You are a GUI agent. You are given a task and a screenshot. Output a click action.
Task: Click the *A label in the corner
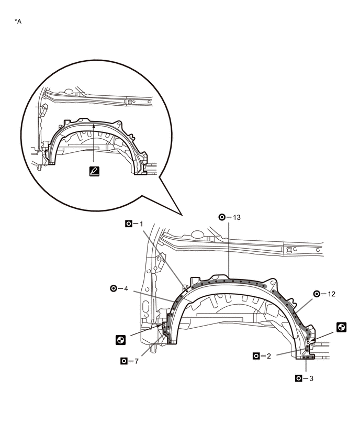(18, 21)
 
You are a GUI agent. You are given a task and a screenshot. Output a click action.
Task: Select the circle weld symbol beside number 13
(222, 217)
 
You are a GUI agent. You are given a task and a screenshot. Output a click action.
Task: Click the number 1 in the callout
(141, 224)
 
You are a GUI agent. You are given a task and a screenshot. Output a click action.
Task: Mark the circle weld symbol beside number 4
(114, 288)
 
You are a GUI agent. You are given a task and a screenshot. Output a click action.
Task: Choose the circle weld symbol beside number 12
(317, 294)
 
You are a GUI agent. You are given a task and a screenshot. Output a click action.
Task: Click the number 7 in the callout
(138, 361)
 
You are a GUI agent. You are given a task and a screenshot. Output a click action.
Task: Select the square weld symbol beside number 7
(124, 361)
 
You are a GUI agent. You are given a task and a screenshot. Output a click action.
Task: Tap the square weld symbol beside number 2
(256, 356)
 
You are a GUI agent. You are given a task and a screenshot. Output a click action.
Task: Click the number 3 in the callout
(312, 377)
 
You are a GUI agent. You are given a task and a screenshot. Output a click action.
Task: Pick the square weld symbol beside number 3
(299, 377)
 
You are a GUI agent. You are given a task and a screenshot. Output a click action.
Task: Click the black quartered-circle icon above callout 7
(120, 340)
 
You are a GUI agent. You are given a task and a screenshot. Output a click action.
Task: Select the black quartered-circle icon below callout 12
(341, 327)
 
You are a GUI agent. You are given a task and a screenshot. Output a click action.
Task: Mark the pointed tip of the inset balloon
(181, 216)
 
